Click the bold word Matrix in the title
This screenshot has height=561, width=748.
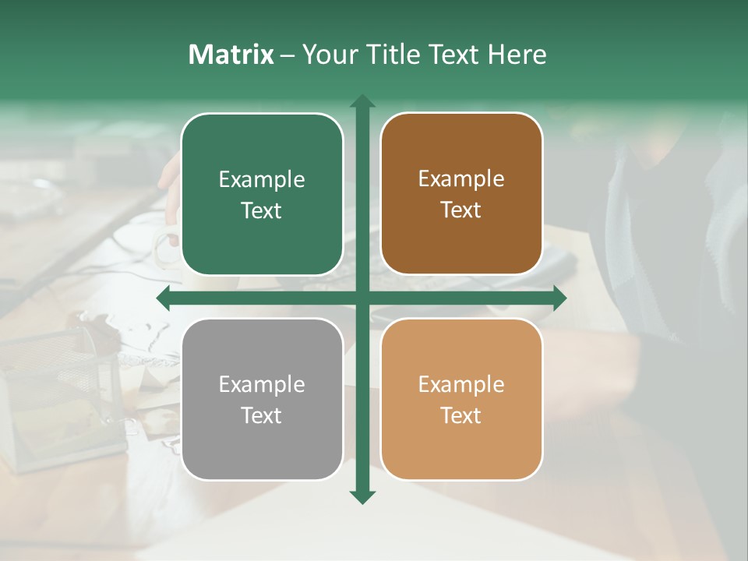pyautogui.click(x=231, y=55)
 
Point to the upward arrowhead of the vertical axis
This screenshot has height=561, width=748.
pyautogui.click(x=362, y=101)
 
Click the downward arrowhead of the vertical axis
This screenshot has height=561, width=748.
pyautogui.click(x=362, y=497)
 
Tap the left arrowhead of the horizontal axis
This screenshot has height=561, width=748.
pyautogui.click(x=163, y=298)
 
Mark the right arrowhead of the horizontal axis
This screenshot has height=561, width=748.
pyautogui.click(x=560, y=298)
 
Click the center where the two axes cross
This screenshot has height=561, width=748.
pyautogui.click(x=362, y=298)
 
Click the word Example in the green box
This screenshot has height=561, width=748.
pyautogui.click(x=262, y=180)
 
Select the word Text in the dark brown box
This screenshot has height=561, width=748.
pyautogui.click(x=461, y=210)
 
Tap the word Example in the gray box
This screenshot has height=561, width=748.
pyautogui.click(x=262, y=385)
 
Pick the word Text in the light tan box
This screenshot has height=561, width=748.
pyautogui.click(x=461, y=415)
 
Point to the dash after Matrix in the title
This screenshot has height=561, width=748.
pyautogui.click(x=288, y=55)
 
